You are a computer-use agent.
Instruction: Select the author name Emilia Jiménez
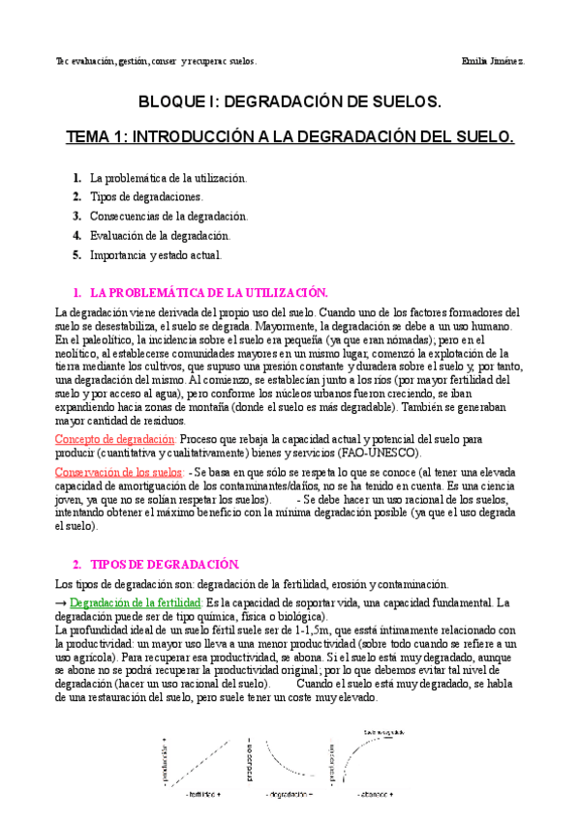(x=495, y=61)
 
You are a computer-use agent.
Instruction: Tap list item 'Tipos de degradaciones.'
(x=146, y=197)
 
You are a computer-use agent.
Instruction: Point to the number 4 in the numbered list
(x=76, y=236)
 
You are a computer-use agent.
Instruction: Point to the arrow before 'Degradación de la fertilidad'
(x=61, y=602)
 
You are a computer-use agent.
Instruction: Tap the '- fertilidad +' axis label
(x=206, y=795)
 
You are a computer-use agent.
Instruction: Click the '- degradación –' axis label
(x=290, y=795)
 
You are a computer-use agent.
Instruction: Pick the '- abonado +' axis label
(x=372, y=795)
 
